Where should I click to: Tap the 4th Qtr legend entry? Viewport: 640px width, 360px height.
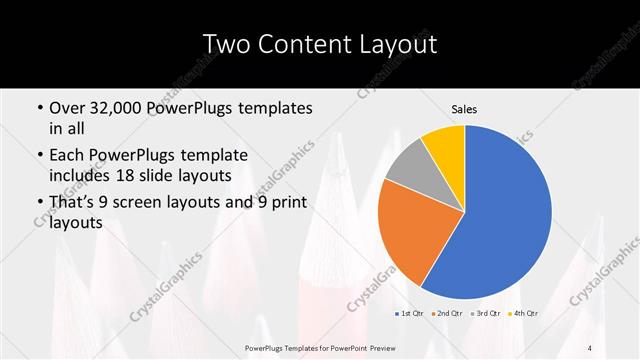(x=524, y=314)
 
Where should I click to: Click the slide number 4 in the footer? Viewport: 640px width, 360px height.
(x=591, y=348)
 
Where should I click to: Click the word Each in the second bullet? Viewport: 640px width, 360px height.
(x=68, y=156)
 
